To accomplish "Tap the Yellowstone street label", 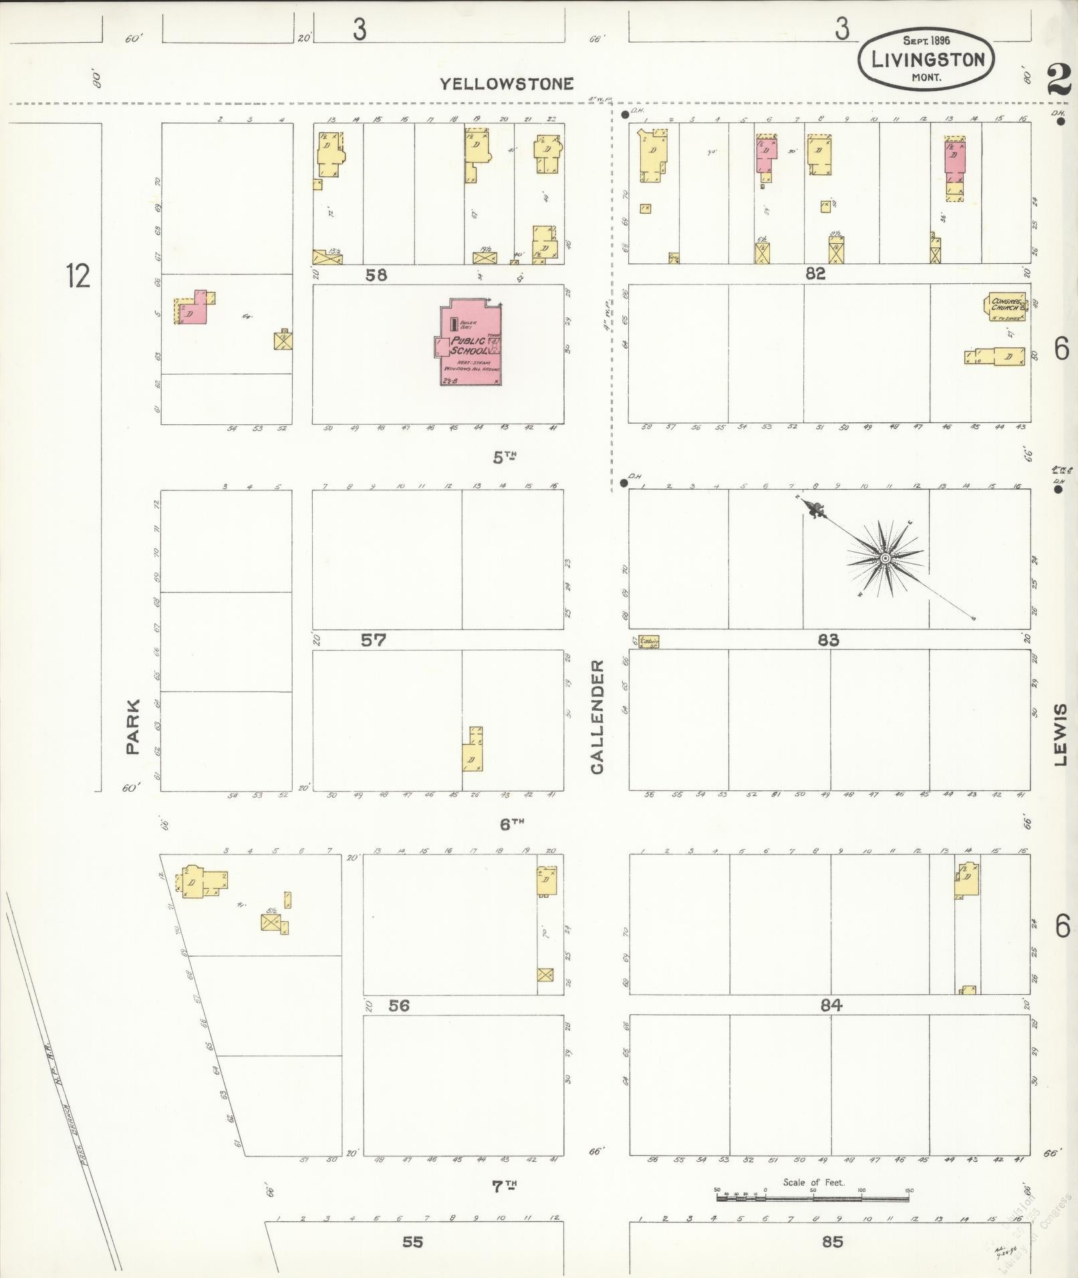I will [x=507, y=84].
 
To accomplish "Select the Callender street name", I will [x=597, y=717].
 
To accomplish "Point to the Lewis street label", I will [x=1061, y=734].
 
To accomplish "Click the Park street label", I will [x=132, y=727].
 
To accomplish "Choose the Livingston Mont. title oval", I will [x=926, y=59].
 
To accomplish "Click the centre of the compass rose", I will [x=884, y=558].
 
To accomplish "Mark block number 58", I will [x=376, y=275].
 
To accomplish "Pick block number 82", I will [x=815, y=273].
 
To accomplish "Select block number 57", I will [x=373, y=640].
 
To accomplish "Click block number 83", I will [x=827, y=640].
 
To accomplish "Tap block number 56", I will [x=398, y=1005].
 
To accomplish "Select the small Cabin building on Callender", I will [x=649, y=642].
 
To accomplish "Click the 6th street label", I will [x=511, y=824].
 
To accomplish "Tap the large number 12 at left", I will [x=78, y=275].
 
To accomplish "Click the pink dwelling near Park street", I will [x=196, y=309].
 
